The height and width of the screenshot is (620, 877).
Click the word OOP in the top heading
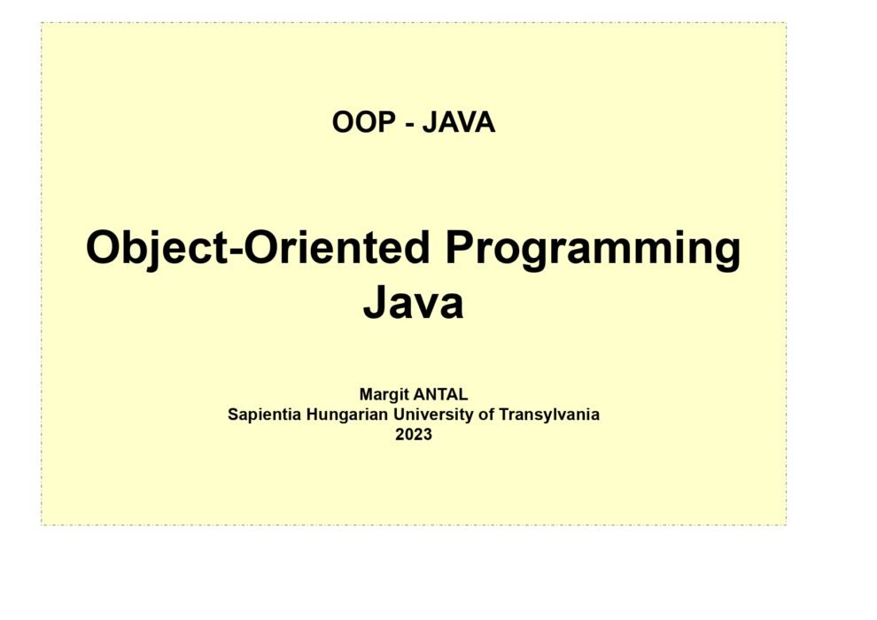pyautogui.click(x=364, y=122)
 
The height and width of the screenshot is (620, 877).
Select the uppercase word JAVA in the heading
pyautogui.click(x=459, y=122)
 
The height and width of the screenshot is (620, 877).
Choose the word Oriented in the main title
pyautogui.click(x=337, y=247)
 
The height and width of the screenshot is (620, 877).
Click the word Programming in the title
pyautogui.click(x=593, y=250)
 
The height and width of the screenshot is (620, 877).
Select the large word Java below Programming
pyautogui.click(x=414, y=302)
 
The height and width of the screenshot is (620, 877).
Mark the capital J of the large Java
pyautogui.click(x=376, y=302)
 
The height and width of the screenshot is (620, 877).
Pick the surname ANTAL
pyautogui.click(x=441, y=395)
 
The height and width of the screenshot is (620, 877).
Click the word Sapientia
pyautogui.click(x=265, y=415)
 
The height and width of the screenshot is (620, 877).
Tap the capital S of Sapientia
pyautogui.click(x=233, y=415)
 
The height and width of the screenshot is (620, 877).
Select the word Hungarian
pyautogui.click(x=347, y=415)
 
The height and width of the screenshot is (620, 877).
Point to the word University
pyautogui.click(x=433, y=415)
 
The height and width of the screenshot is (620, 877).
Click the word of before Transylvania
pyautogui.click(x=486, y=415)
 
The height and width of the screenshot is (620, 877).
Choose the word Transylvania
pyautogui.click(x=549, y=415)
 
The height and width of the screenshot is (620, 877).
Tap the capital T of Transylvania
pyautogui.click(x=504, y=415)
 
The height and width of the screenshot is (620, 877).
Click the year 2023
pyautogui.click(x=414, y=435)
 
